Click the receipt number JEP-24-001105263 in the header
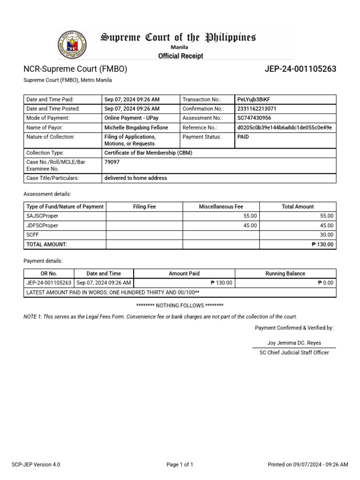point(300,69)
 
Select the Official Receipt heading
point(180,56)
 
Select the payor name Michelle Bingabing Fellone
point(136,127)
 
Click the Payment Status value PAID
point(243,137)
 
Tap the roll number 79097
point(111,162)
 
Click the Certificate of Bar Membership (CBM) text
point(148,153)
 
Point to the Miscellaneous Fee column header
point(221,206)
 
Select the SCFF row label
point(33,235)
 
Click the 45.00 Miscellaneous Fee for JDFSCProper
point(250,225)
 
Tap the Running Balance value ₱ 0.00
point(325,283)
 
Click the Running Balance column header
point(285,273)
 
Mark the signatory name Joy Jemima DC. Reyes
point(294,343)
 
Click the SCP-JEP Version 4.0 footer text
point(36,465)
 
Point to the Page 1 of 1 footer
point(180,465)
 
